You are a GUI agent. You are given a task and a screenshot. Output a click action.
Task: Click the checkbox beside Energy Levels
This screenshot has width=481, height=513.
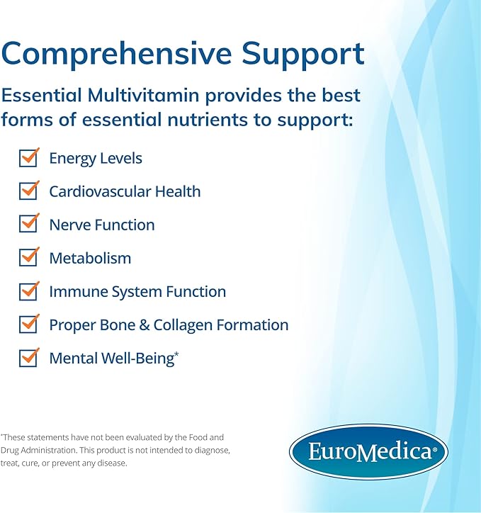pos(28,158)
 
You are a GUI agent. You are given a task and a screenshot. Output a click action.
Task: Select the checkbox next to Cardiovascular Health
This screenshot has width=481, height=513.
pos(28,191)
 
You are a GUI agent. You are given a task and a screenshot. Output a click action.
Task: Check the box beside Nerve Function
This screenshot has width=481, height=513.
pos(28,225)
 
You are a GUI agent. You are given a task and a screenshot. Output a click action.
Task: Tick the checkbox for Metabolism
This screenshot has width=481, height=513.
pos(28,258)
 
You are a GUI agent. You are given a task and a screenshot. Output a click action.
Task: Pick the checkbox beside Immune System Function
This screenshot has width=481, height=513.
pos(28,291)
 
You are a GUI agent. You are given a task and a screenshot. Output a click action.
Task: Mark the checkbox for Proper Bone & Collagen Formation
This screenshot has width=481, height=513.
pos(28,325)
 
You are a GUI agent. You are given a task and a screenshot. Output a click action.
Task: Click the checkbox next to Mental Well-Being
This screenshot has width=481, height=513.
pos(28,358)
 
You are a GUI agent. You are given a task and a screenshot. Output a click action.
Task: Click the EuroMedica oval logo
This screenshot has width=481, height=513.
pos(368,451)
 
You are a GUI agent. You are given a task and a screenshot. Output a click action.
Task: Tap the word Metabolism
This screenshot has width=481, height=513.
pos(90,258)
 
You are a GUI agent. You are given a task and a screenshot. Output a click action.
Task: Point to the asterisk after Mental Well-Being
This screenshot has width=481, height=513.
pos(176,354)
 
